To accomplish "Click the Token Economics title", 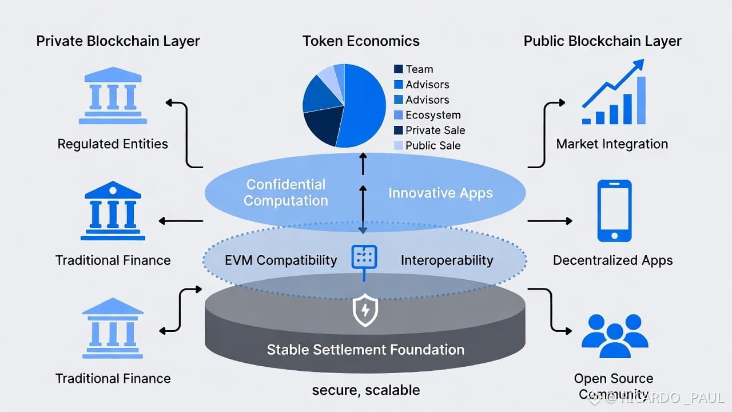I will point(361,41).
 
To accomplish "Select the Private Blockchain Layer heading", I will point(118,41).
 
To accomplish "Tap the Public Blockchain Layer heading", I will point(603,41).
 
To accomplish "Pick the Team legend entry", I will point(419,69).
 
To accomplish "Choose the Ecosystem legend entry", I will point(433,115).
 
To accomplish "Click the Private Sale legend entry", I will point(435,130).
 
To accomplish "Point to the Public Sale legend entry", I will point(433,145).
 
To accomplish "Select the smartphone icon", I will point(614,211).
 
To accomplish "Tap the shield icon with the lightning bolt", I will point(364,311).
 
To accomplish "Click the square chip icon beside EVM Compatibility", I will point(364,257).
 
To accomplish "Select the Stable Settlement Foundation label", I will point(365,350).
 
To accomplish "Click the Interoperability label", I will point(447,260).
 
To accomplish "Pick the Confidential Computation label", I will point(286,193).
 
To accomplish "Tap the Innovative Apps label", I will point(440,193).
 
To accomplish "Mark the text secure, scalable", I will point(366,390).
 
